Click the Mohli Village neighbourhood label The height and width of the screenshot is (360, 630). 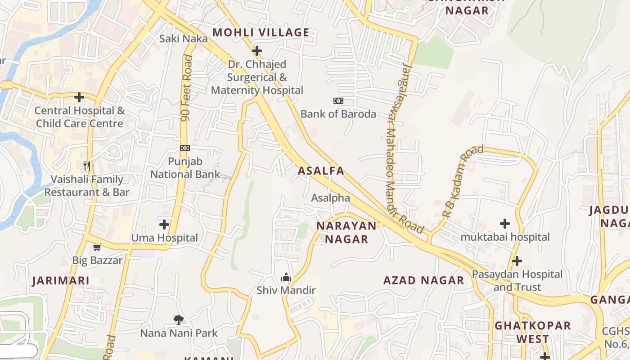[261, 32]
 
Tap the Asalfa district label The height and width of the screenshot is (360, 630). [321, 171]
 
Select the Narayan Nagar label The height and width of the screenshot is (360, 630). [346, 232]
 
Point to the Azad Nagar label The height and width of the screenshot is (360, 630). [423, 280]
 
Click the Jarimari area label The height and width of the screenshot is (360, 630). [61, 280]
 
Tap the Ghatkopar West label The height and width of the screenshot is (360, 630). [533, 332]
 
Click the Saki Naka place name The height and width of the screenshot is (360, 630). [184, 39]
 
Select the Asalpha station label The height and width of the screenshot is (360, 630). [330, 198]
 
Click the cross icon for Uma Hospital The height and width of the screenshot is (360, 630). [164, 224]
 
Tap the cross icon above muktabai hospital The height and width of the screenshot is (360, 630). [505, 223]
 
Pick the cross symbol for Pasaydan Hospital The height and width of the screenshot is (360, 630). [517, 261]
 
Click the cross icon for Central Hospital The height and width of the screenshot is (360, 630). [79, 97]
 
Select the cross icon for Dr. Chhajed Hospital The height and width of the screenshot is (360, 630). [257, 51]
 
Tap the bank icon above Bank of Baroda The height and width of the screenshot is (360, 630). [338, 101]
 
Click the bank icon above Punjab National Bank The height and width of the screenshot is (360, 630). [185, 148]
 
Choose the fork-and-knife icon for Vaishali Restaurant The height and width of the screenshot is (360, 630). [87, 166]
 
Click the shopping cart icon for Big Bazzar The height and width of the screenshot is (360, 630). [97, 247]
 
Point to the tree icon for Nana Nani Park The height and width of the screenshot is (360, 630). [179, 320]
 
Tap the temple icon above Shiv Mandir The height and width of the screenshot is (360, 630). [286, 277]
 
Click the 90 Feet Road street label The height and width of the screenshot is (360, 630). [186, 88]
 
